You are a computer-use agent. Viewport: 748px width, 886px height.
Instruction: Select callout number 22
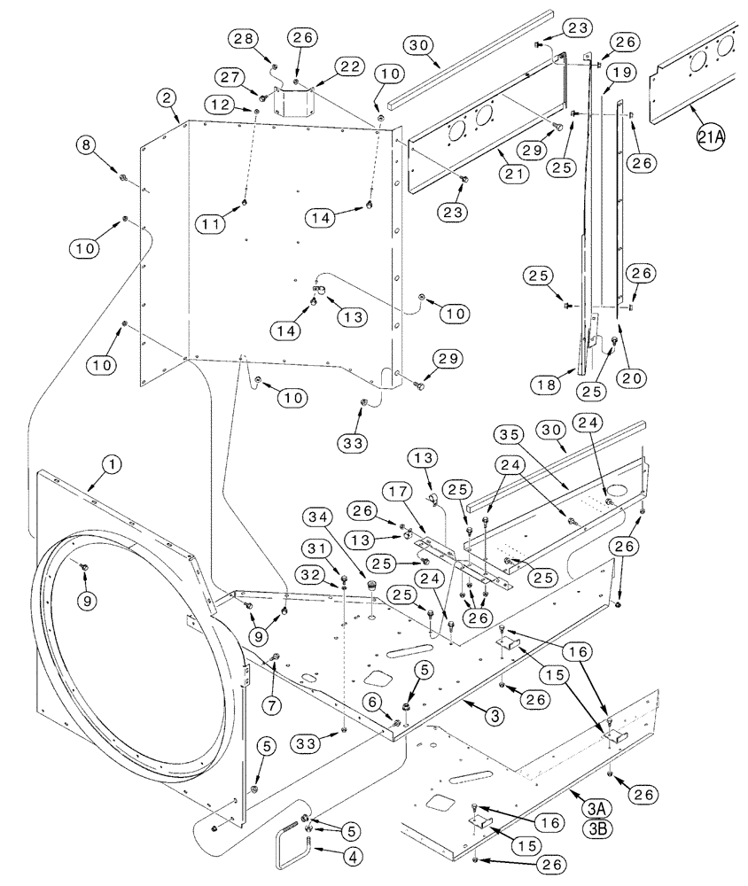[x=347, y=67]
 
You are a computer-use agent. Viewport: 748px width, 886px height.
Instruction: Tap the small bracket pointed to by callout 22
[x=300, y=99]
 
